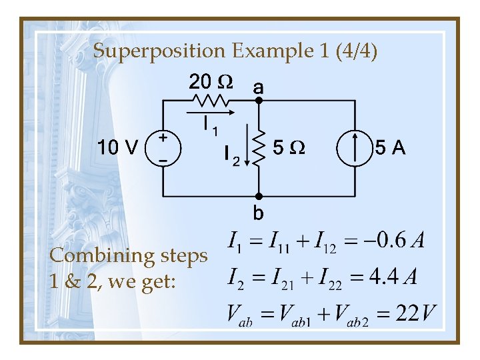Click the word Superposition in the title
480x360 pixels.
[x=159, y=51]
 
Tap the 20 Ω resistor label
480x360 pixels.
[x=211, y=82]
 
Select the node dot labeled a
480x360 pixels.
[x=260, y=101]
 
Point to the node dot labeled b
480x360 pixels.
[x=260, y=197]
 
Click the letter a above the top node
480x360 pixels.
[x=258, y=87]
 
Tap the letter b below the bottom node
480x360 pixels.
[x=258, y=213]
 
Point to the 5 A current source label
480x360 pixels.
[x=390, y=147]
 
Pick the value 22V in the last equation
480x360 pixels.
[x=416, y=312]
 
